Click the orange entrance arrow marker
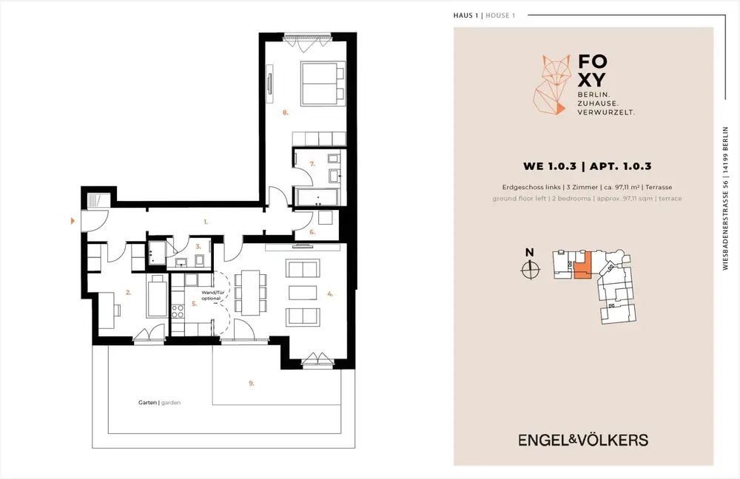click(73, 220)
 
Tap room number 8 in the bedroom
click(285, 112)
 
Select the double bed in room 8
click(323, 84)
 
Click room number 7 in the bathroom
click(312, 164)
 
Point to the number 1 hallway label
click(205, 221)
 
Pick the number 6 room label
click(312, 232)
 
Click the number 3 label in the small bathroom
click(198, 246)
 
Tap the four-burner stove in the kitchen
click(178, 311)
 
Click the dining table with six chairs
click(251, 293)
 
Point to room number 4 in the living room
click(330, 293)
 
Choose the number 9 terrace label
click(251, 384)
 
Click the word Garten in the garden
click(147, 403)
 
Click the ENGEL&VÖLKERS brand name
click(583, 441)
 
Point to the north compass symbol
click(530, 270)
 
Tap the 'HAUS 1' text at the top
click(465, 16)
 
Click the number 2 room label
click(128, 292)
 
